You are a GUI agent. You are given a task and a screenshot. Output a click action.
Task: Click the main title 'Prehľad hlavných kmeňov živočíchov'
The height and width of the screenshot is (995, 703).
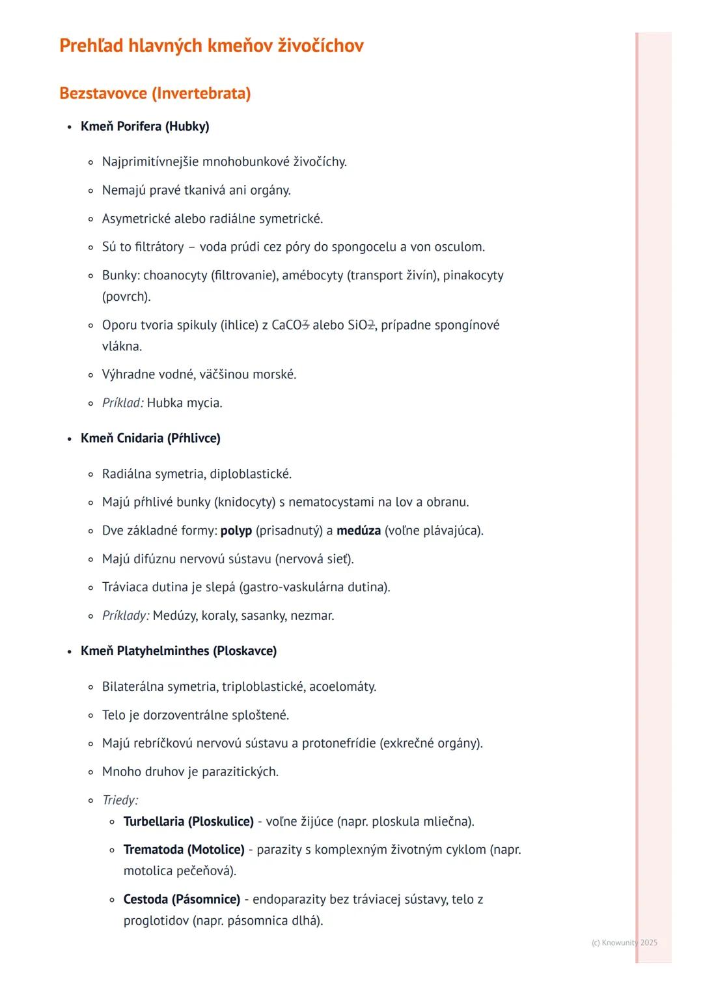click(211, 46)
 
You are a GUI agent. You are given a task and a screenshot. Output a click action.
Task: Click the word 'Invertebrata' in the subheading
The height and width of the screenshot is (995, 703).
click(201, 93)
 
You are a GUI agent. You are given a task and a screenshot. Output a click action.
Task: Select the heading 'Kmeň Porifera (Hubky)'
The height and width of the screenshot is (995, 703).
click(145, 126)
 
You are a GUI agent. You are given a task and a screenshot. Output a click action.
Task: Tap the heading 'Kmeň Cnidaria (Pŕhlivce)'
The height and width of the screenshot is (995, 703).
click(150, 438)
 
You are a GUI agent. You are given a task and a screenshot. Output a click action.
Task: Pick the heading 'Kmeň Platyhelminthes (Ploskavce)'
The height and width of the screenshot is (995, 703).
click(178, 651)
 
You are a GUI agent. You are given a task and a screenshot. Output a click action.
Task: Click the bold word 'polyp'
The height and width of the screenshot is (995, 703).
click(236, 531)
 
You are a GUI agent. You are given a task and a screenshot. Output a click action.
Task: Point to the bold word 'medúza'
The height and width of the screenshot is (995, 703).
click(358, 531)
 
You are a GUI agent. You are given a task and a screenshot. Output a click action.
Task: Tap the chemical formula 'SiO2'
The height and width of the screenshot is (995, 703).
click(361, 325)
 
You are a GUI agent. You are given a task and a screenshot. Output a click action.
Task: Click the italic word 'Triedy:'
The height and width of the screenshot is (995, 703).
click(120, 800)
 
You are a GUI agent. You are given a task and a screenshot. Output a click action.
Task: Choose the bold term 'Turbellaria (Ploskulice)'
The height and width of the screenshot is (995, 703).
click(188, 822)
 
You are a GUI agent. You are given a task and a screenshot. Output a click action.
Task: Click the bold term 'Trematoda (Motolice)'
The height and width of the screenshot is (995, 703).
click(184, 850)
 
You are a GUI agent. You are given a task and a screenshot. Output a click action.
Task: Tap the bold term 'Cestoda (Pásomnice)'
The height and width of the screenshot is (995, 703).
click(182, 899)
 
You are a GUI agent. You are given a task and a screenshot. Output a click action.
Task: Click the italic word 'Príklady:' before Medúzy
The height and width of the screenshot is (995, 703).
click(126, 616)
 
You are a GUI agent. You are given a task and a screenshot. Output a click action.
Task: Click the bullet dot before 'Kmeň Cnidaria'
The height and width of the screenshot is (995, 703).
click(68, 439)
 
